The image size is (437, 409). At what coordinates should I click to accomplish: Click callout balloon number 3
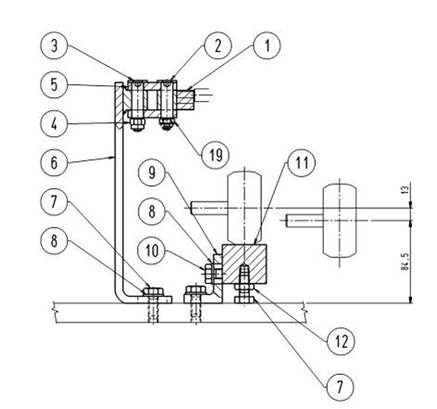pos(54,45)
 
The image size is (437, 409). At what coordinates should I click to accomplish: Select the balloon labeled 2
pos(218,45)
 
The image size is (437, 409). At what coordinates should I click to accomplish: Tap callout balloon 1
pos(268,45)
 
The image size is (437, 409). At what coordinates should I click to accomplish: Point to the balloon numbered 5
pos(54,84)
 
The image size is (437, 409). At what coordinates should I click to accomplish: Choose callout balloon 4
pos(54,124)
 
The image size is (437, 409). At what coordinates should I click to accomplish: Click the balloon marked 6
pos(54,163)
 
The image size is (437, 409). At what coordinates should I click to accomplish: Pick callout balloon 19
pos(216,155)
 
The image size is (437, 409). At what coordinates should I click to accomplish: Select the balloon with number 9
pos(152,172)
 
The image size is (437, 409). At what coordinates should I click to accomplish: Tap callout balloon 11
pos(301,163)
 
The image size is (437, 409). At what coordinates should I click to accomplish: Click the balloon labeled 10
pos(152,251)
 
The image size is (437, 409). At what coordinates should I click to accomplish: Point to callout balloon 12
pos(342,341)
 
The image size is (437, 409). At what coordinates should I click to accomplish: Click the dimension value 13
pos(406,188)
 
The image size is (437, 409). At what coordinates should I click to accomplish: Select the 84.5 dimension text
pos(406,262)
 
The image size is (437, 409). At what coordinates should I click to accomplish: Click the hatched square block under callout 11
pos(244,264)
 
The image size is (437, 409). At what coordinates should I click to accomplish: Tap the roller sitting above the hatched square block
pos(244,207)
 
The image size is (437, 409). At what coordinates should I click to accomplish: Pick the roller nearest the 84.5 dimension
pos(340,221)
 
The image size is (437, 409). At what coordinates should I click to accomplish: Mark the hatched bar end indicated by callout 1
pos(185,99)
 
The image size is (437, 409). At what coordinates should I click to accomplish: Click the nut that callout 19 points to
pos(167,124)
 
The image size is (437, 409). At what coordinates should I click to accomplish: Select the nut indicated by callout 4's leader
pos(137,125)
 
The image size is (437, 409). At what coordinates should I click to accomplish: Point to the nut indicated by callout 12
pos(244,287)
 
